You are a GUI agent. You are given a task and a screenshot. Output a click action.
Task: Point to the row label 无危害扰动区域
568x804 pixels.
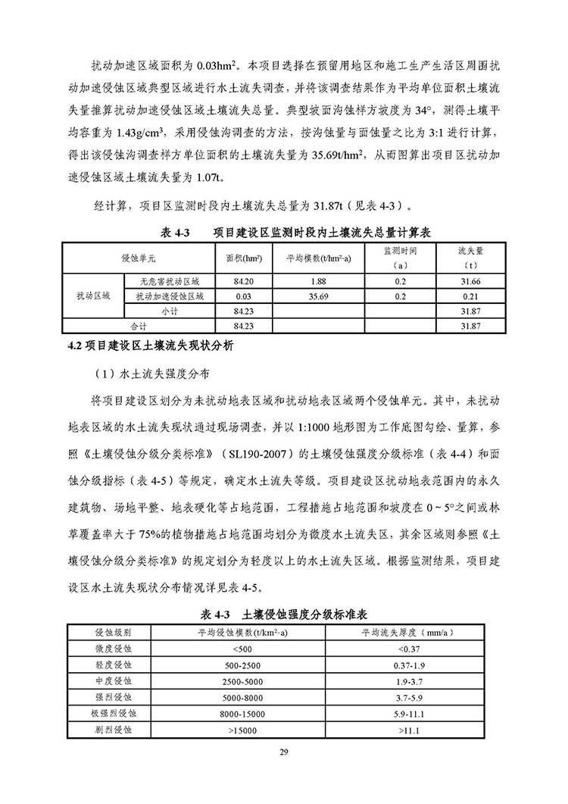tap(174, 282)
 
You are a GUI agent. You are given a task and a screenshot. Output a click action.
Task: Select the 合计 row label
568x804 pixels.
tap(137, 325)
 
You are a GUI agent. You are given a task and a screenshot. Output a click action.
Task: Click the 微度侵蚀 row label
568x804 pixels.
tap(113, 649)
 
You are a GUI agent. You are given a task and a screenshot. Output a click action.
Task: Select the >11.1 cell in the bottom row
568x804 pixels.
tap(407, 730)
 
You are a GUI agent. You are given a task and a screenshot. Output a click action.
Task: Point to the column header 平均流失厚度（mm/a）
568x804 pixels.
tap(407, 632)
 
